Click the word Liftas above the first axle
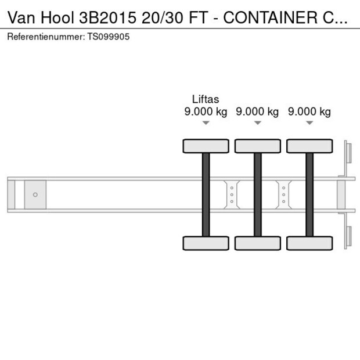(206, 100)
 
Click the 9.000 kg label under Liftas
(206, 112)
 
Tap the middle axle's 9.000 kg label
(257, 112)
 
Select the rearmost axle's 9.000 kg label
(309, 112)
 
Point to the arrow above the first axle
(206, 123)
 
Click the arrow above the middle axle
(257, 123)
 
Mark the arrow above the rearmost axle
(309, 123)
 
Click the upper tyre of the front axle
(206, 146)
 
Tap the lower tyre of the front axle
(206, 243)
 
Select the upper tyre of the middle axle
(257, 146)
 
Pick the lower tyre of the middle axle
(257, 243)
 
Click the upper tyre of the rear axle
(309, 146)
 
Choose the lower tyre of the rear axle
(309, 243)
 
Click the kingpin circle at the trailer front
(35, 195)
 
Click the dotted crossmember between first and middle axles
(232, 194)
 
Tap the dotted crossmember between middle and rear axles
(283, 194)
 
